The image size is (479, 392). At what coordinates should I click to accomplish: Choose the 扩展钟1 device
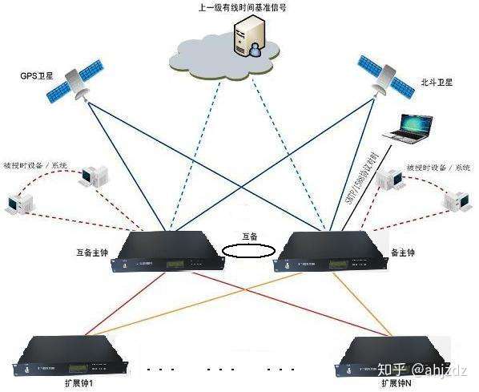(75, 354)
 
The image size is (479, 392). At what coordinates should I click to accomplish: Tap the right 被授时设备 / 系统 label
(438, 168)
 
